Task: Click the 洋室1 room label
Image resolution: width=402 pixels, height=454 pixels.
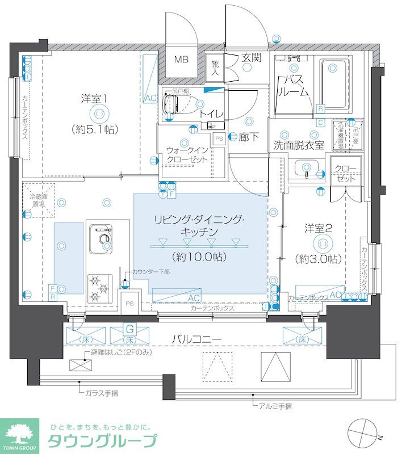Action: point(94,98)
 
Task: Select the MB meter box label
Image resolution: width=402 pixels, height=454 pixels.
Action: point(181,60)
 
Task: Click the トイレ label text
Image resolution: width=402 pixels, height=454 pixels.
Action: point(211,113)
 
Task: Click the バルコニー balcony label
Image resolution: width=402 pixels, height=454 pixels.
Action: point(197,339)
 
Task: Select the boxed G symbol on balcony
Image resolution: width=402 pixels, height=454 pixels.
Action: point(130,328)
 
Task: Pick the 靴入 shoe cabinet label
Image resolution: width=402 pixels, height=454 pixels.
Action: point(215,68)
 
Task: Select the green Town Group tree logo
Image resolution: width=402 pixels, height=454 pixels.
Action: point(19,435)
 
